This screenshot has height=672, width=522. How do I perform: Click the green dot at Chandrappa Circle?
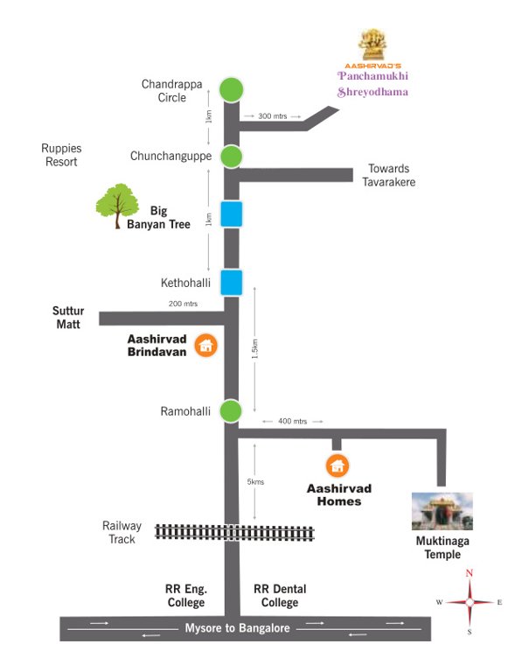[x=231, y=89]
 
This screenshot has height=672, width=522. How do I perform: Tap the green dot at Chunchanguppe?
[x=231, y=157]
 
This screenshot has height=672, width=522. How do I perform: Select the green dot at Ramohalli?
[x=231, y=410]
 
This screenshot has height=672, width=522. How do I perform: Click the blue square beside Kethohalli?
[x=231, y=283]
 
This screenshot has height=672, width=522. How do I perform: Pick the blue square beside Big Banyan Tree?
[x=231, y=213]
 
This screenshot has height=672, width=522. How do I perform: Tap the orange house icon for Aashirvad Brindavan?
[x=205, y=346]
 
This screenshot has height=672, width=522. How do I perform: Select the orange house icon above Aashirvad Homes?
[x=337, y=465]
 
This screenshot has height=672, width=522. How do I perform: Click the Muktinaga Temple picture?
[x=442, y=511]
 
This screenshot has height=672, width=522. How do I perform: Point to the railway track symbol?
[x=234, y=532]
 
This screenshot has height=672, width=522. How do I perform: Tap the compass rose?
[x=470, y=602]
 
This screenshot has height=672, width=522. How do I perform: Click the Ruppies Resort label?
[x=59, y=155]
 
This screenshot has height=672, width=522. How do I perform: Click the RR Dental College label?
[x=279, y=596]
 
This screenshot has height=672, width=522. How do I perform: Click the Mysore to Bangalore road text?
[x=236, y=628]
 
